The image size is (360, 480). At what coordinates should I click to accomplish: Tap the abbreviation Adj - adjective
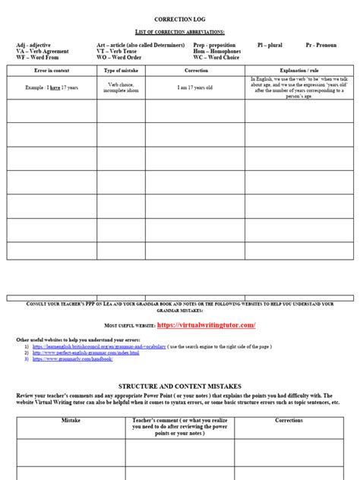[33, 46]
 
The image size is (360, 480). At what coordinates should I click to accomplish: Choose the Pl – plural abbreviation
[270, 46]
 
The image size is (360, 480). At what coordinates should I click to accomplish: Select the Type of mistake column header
[121, 70]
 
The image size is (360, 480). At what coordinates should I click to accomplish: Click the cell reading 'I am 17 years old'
[195, 87]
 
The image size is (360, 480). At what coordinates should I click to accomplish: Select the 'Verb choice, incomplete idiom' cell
[121, 87]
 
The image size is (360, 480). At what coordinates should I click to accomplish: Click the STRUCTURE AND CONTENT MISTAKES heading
[179, 386]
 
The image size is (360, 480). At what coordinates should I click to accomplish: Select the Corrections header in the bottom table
[289, 419]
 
